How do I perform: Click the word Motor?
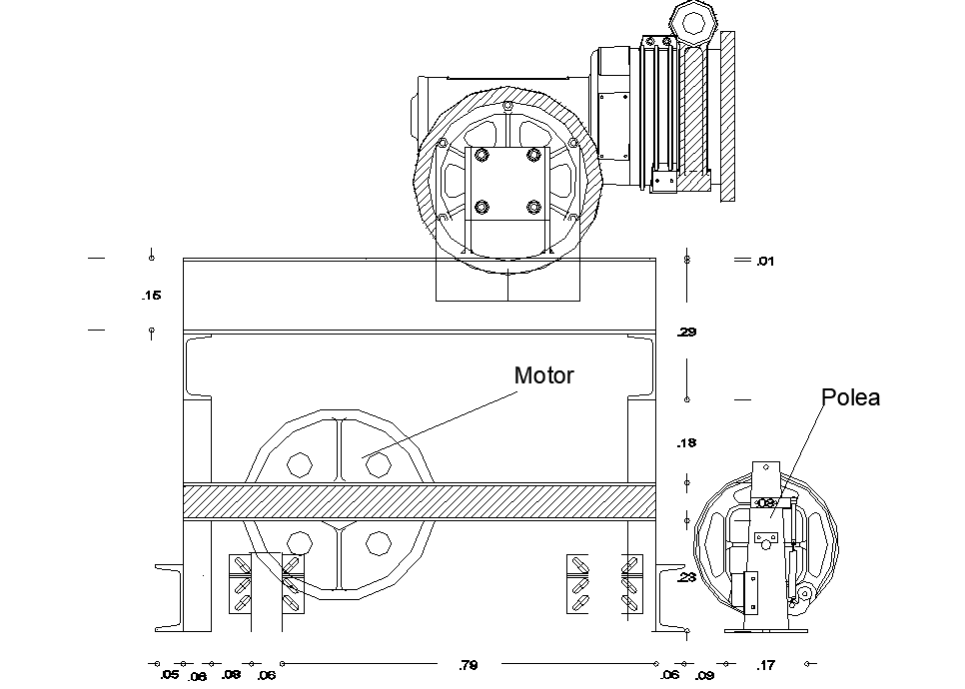pos(543,376)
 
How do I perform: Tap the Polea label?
pos(850,397)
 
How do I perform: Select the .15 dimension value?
pos(151,296)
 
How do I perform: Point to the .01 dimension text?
pos(765,262)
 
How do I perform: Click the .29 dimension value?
pos(687,333)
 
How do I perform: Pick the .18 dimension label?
pos(686,443)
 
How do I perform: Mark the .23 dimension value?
pos(686,577)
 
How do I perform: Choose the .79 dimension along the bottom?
pos(468,665)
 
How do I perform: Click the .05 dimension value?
pos(169,675)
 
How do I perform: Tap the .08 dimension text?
pos(231,675)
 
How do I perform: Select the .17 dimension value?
pos(766,665)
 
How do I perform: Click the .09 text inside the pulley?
pos(766,503)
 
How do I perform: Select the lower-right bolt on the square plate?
pos(533,208)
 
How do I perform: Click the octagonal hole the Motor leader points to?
pos(377,464)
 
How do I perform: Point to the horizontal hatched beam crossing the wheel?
pos(419,501)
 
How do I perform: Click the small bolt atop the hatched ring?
pos(507,105)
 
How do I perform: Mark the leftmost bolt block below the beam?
pos(240,583)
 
